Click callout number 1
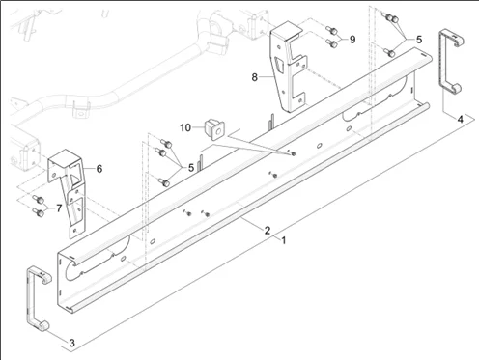[x=284, y=240]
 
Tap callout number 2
[x=268, y=231]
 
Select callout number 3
[x=72, y=343]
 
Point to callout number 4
[x=461, y=119]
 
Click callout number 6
[x=99, y=169]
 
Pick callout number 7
[x=59, y=208]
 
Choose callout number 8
[x=255, y=77]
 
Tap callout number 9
[x=352, y=40]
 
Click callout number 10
[x=185, y=127]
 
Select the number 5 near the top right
[x=419, y=40]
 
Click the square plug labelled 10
[x=214, y=129]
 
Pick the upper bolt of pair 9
[x=332, y=31]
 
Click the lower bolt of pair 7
[x=39, y=212]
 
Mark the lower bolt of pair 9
[x=332, y=43]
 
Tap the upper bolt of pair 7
[x=39, y=200]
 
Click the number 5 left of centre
[x=191, y=168]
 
